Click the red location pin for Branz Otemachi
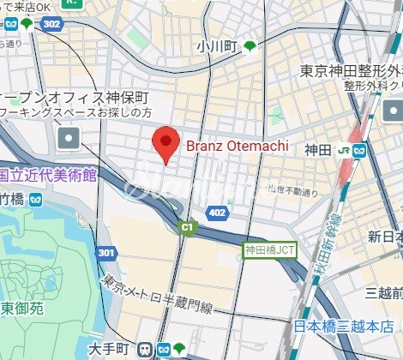(x=165, y=144)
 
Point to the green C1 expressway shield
(x=186, y=227)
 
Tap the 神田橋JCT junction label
(x=270, y=251)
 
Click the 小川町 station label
(x=216, y=45)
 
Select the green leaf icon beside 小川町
(x=250, y=45)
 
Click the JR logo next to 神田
(x=343, y=150)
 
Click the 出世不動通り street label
(x=286, y=189)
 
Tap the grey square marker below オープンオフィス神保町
(x=69, y=136)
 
